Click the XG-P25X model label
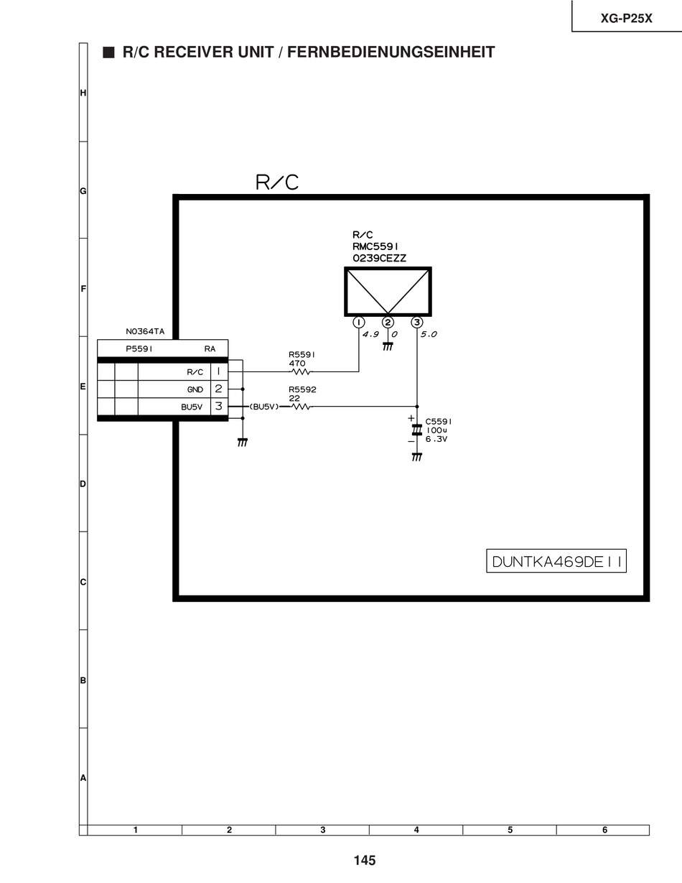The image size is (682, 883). point(626,19)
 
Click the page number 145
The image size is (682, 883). point(364,860)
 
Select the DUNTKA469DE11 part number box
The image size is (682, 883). point(556,561)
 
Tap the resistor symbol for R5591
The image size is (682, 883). point(300,371)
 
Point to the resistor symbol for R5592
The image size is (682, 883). point(300,407)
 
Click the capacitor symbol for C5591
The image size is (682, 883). point(416,430)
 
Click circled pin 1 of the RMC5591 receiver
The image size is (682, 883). point(358,322)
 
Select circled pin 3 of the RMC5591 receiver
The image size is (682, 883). point(417,322)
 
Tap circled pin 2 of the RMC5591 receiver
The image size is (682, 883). point(388,322)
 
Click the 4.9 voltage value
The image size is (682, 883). point(370,335)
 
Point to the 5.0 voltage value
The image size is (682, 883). point(429,335)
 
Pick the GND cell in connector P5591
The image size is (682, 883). point(195,389)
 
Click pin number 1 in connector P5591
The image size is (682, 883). point(218,371)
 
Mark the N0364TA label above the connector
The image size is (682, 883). point(145,332)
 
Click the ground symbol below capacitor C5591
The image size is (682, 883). point(416,457)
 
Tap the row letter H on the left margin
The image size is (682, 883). point(83,93)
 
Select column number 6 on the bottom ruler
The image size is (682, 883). point(604,830)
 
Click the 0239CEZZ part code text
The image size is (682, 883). point(379,258)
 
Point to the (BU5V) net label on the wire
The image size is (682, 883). point(263,407)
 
